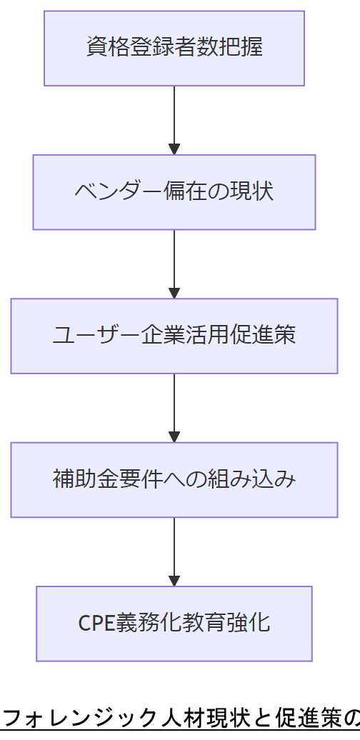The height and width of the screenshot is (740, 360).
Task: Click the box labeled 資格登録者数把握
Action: tap(174, 48)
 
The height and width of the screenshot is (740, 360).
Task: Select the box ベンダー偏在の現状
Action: tap(174, 192)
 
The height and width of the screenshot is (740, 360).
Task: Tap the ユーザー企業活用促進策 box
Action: tap(174, 336)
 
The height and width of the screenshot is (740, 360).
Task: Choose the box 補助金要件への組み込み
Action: tap(174, 480)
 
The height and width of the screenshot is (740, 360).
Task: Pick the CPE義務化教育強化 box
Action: tap(174, 624)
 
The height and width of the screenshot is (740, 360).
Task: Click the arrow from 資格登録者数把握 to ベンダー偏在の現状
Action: tap(174, 120)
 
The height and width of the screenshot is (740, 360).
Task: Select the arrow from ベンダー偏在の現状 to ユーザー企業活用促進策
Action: tap(174, 264)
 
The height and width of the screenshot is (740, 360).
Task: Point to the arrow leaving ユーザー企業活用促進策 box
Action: tap(174, 408)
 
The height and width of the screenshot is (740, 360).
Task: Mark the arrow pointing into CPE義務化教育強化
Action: tap(174, 551)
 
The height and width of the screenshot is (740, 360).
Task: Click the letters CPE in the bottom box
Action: tap(96, 624)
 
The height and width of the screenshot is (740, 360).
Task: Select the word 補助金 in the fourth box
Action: tap(84, 480)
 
